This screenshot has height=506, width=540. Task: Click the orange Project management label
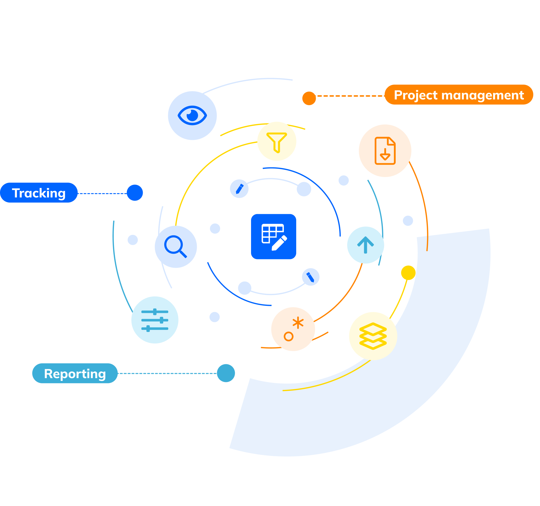pos(459,95)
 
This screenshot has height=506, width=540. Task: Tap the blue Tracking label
pos(39,193)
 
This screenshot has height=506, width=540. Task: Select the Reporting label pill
pos(75,373)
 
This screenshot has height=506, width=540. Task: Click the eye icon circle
pos(192,116)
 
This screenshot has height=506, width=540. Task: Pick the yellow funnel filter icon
pos(277,141)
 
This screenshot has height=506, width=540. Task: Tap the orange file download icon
pos(385,151)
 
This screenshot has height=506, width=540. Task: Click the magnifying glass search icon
pos(176,247)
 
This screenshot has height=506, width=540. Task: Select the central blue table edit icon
pos(274,236)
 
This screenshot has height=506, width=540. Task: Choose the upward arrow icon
pos(365,245)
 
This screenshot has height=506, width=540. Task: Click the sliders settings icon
pos(155,320)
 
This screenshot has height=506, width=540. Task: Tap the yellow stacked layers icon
pos(373,336)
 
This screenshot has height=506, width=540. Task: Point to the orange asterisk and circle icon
pos(293,329)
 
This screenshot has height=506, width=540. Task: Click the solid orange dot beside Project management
pos(309,98)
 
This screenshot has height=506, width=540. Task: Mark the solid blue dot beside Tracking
pos(135,193)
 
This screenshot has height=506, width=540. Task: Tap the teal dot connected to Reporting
pos(226,373)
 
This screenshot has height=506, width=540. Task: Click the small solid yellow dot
pos(408,273)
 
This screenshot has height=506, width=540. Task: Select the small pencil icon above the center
pos(239,189)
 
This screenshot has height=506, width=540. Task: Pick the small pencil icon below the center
pos(310,277)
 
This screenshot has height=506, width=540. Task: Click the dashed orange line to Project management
pos(351,96)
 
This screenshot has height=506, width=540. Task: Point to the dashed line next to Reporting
pos(167,373)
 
